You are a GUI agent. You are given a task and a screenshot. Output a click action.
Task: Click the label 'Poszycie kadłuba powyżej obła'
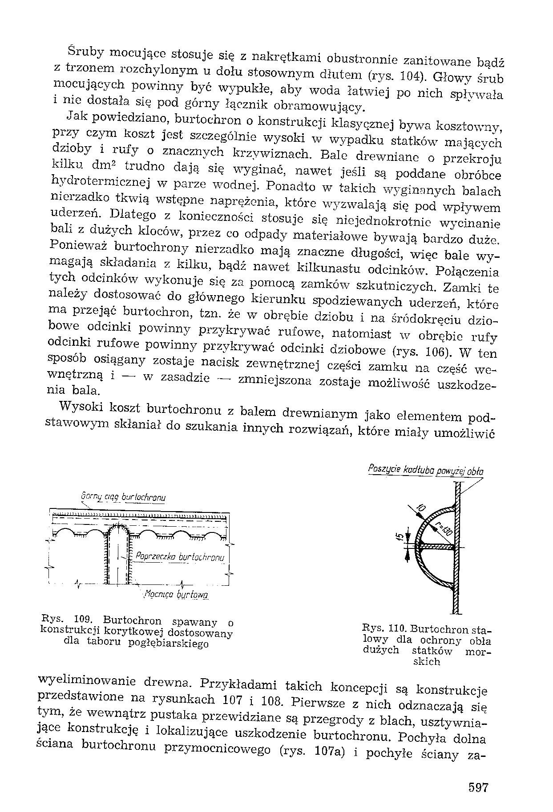click(426, 470)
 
